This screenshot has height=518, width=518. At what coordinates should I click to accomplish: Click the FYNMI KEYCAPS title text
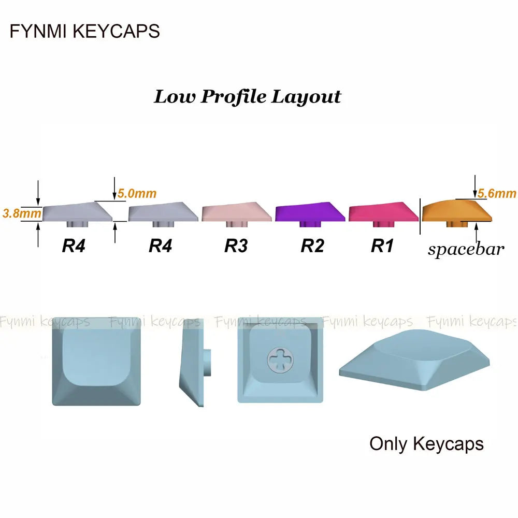(85, 31)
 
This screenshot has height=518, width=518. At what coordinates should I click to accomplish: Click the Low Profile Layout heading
(248, 97)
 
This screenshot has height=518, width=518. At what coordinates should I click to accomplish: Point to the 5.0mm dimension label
(137, 194)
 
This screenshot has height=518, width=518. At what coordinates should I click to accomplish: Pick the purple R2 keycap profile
(310, 211)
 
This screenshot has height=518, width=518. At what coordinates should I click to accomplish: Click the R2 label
(312, 246)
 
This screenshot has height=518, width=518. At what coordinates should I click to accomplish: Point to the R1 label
(382, 246)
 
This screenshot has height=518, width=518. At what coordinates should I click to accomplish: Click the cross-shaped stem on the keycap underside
(280, 359)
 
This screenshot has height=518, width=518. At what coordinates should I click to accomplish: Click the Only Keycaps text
(426, 444)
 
